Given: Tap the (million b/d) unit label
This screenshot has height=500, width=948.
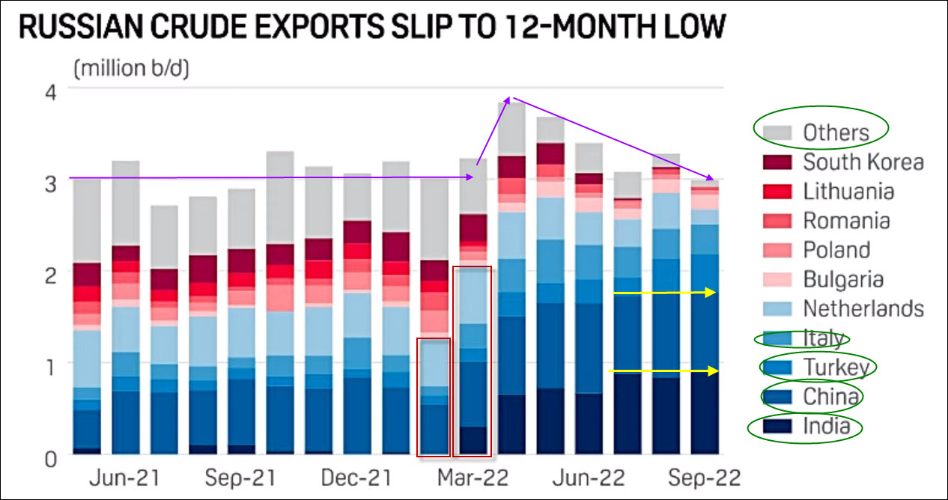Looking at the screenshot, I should point(131,69).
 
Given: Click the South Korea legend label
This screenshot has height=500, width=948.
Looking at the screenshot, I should point(863,162).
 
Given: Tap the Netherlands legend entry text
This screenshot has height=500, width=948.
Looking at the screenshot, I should point(863,308).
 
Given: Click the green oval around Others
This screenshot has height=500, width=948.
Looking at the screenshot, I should point(820,132).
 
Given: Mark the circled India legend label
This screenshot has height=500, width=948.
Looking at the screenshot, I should point(826,427).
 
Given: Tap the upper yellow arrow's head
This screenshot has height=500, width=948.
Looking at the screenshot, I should point(712,293).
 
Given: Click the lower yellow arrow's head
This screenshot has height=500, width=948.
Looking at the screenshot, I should point(713,371).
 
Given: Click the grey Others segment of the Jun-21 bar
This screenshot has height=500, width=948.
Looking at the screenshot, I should point(126,202).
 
